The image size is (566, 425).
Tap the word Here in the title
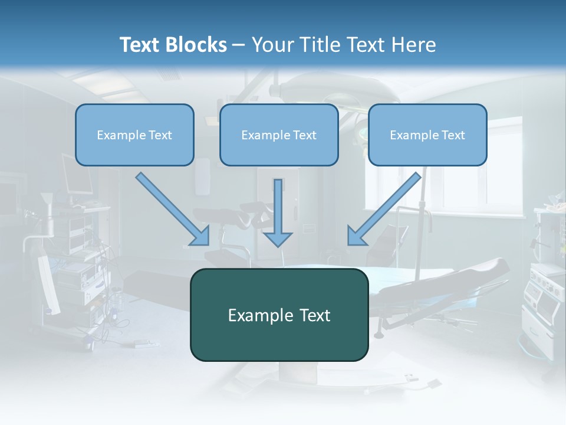pyautogui.click(x=414, y=45)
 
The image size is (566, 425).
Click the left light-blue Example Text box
pyautogui.click(x=134, y=135)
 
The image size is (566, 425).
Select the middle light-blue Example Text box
pyautogui.click(x=279, y=135)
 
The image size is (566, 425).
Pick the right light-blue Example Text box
pyautogui.click(x=427, y=135)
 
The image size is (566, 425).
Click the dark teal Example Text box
pyautogui.click(x=279, y=315)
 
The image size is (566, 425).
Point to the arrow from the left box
pyautogui.click(x=173, y=209)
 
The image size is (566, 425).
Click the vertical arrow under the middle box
pyautogui.click(x=278, y=213)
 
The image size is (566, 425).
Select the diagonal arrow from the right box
pyautogui.click(x=384, y=209)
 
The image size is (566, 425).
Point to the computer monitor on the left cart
pyautogui.click(x=77, y=174)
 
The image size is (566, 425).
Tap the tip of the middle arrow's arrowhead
pyautogui.click(x=278, y=247)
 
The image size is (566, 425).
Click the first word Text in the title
pyautogui.click(x=139, y=45)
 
